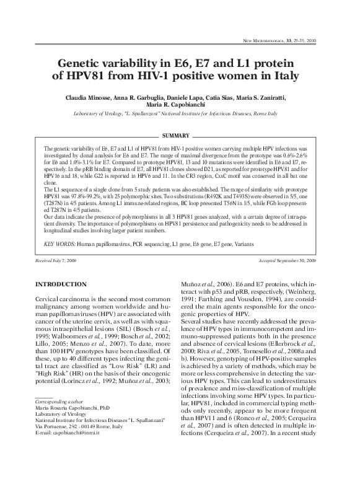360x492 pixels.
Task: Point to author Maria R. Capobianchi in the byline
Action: (x=180, y=106)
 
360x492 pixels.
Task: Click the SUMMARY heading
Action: (x=180, y=136)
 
